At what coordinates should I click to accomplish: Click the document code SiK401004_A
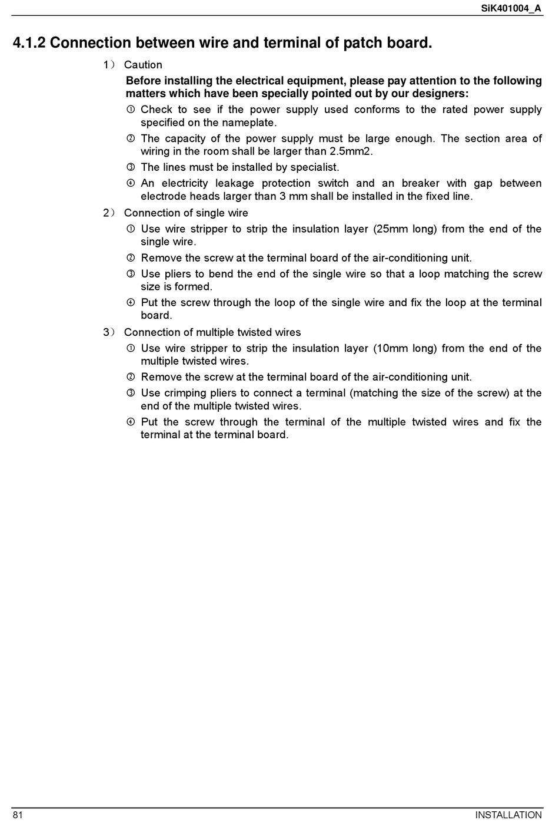coord(511,8)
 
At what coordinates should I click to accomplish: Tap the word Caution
coord(143,65)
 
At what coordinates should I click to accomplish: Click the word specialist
coord(315,167)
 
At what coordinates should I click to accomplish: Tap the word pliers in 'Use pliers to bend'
coord(178,274)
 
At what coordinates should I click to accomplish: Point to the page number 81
coord(18,815)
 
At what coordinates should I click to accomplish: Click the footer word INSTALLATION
coord(508,815)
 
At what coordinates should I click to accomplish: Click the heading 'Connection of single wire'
coord(186,213)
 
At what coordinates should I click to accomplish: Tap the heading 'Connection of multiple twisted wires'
coord(212,332)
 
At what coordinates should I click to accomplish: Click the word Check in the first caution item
coord(157,110)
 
